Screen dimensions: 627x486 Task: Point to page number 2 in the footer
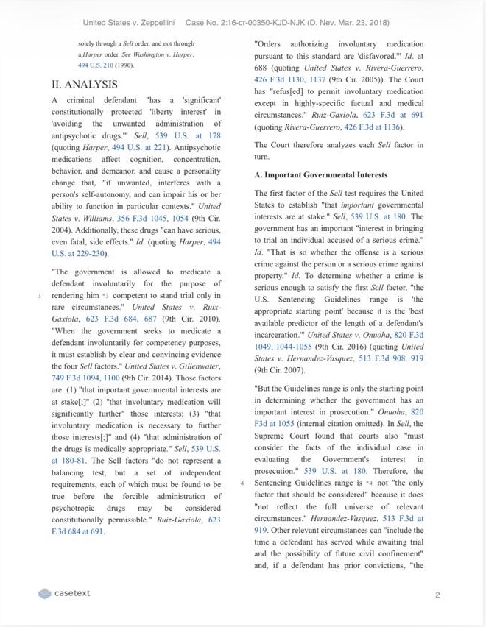coord(437,594)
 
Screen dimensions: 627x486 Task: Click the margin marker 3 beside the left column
coord(38,296)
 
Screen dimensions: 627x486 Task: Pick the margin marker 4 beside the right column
coord(242,483)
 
